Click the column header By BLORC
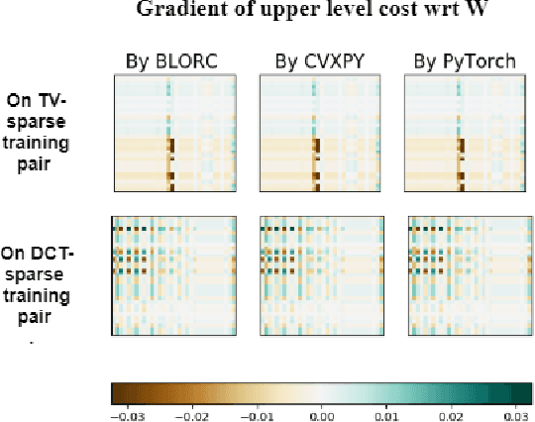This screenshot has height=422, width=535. [171, 61]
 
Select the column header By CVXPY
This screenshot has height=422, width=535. [320, 61]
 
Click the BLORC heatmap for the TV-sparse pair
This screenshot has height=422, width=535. [171, 135]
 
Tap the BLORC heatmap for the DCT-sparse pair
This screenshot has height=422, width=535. [171, 276]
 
